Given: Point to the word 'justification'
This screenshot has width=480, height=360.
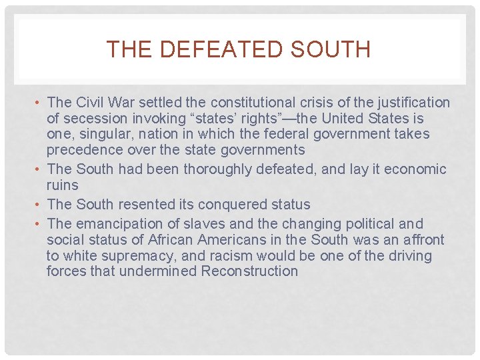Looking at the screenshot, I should click(414, 103).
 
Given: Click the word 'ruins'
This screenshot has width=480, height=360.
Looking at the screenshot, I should click(62, 185).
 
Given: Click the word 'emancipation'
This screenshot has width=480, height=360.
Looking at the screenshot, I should click(115, 224).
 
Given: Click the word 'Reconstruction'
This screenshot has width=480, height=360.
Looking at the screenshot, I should click(249, 271).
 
